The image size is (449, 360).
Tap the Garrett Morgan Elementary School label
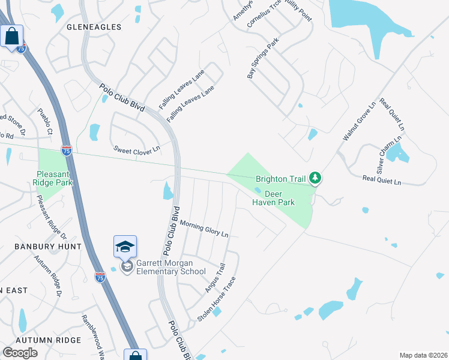(171, 267)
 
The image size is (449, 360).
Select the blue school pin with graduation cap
(125, 247)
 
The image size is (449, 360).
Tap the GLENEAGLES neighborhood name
(94, 27)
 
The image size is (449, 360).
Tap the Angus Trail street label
(215, 278)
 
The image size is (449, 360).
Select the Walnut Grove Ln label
(359, 121)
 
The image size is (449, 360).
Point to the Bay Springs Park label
(264, 60)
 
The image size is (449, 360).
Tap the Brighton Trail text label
(280, 178)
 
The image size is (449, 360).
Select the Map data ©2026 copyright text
(423, 355)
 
